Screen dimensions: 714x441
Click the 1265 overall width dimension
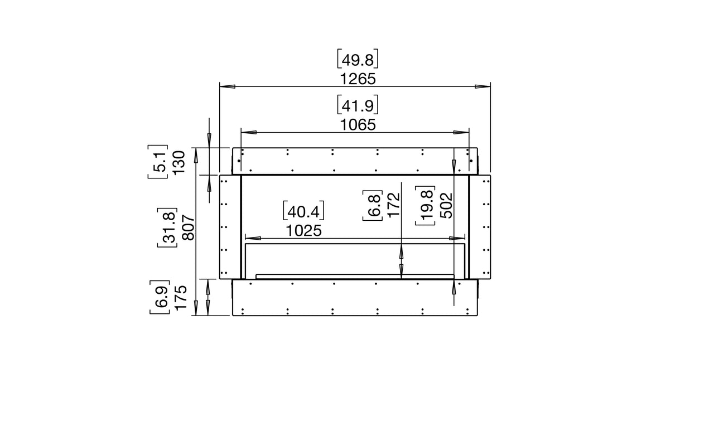point(358,79)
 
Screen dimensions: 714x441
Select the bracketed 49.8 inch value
point(358,59)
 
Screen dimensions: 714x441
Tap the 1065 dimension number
point(358,125)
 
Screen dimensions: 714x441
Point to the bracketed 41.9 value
point(358,105)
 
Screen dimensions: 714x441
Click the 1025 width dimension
point(304,231)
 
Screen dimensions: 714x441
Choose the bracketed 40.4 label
point(304,211)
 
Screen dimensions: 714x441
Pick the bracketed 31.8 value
point(167,227)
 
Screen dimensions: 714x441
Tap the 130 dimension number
point(179,162)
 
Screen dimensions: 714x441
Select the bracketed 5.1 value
point(158,162)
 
